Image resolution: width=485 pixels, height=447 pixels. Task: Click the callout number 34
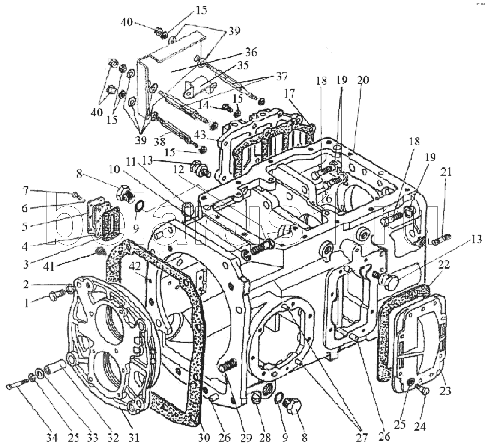(x=52, y=438)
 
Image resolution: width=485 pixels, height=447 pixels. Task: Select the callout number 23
(x=444, y=390)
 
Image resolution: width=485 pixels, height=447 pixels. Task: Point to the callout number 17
(x=290, y=93)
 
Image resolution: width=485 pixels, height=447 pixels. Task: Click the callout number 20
(x=363, y=80)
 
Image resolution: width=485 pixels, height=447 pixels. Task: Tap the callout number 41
(x=48, y=266)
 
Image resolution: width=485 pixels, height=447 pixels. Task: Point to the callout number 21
(x=446, y=172)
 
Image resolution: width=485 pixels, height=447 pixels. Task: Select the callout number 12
(x=179, y=169)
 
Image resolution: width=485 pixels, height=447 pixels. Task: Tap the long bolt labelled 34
(x=17, y=385)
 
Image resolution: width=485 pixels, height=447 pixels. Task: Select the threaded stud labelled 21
(x=444, y=240)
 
